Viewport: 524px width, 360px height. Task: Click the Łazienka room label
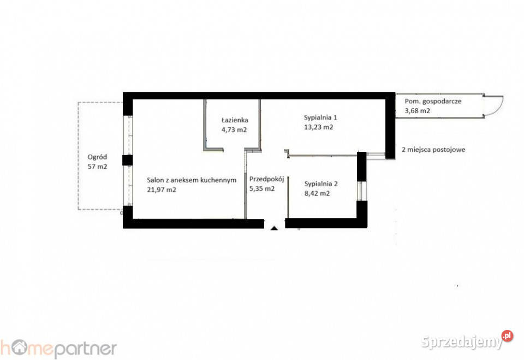pos(235,120)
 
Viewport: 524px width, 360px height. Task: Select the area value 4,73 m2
pos(234,129)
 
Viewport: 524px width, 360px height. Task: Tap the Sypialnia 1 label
pos(320,117)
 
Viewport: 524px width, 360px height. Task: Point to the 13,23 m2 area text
pos(318,127)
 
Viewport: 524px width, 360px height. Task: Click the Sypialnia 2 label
pos(321,184)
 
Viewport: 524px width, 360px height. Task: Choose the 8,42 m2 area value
pos(317,193)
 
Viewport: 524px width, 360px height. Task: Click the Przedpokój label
pos(267,179)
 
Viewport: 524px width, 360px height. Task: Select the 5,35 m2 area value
pos(262,188)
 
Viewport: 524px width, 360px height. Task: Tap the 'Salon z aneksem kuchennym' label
pos(192,180)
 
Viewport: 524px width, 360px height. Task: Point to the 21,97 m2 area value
pos(162,190)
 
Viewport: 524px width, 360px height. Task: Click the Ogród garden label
pos(97,157)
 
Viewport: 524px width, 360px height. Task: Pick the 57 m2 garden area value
pos(97,166)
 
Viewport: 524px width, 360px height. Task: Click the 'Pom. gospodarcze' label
pos(433,102)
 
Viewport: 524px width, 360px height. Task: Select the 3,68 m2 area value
pos(418,111)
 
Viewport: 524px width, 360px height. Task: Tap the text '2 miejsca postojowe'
pos(433,150)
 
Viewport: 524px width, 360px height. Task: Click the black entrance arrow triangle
pos(275,228)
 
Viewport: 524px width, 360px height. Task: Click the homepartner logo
pos(58,349)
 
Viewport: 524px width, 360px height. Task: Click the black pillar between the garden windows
pos(127,160)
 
